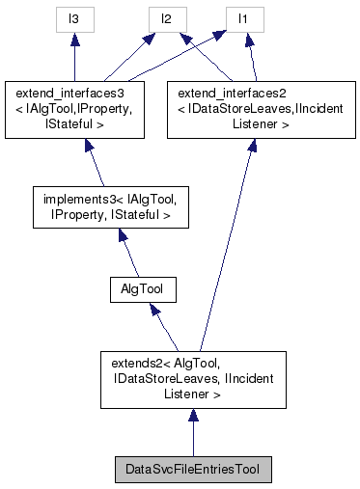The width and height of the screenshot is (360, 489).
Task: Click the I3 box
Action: pyautogui.click(x=74, y=19)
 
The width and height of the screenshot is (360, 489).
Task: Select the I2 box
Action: pyautogui.click(x=166, y=19)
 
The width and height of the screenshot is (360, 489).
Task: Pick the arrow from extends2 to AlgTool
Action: pyautogui.click(x=164, y=328)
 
